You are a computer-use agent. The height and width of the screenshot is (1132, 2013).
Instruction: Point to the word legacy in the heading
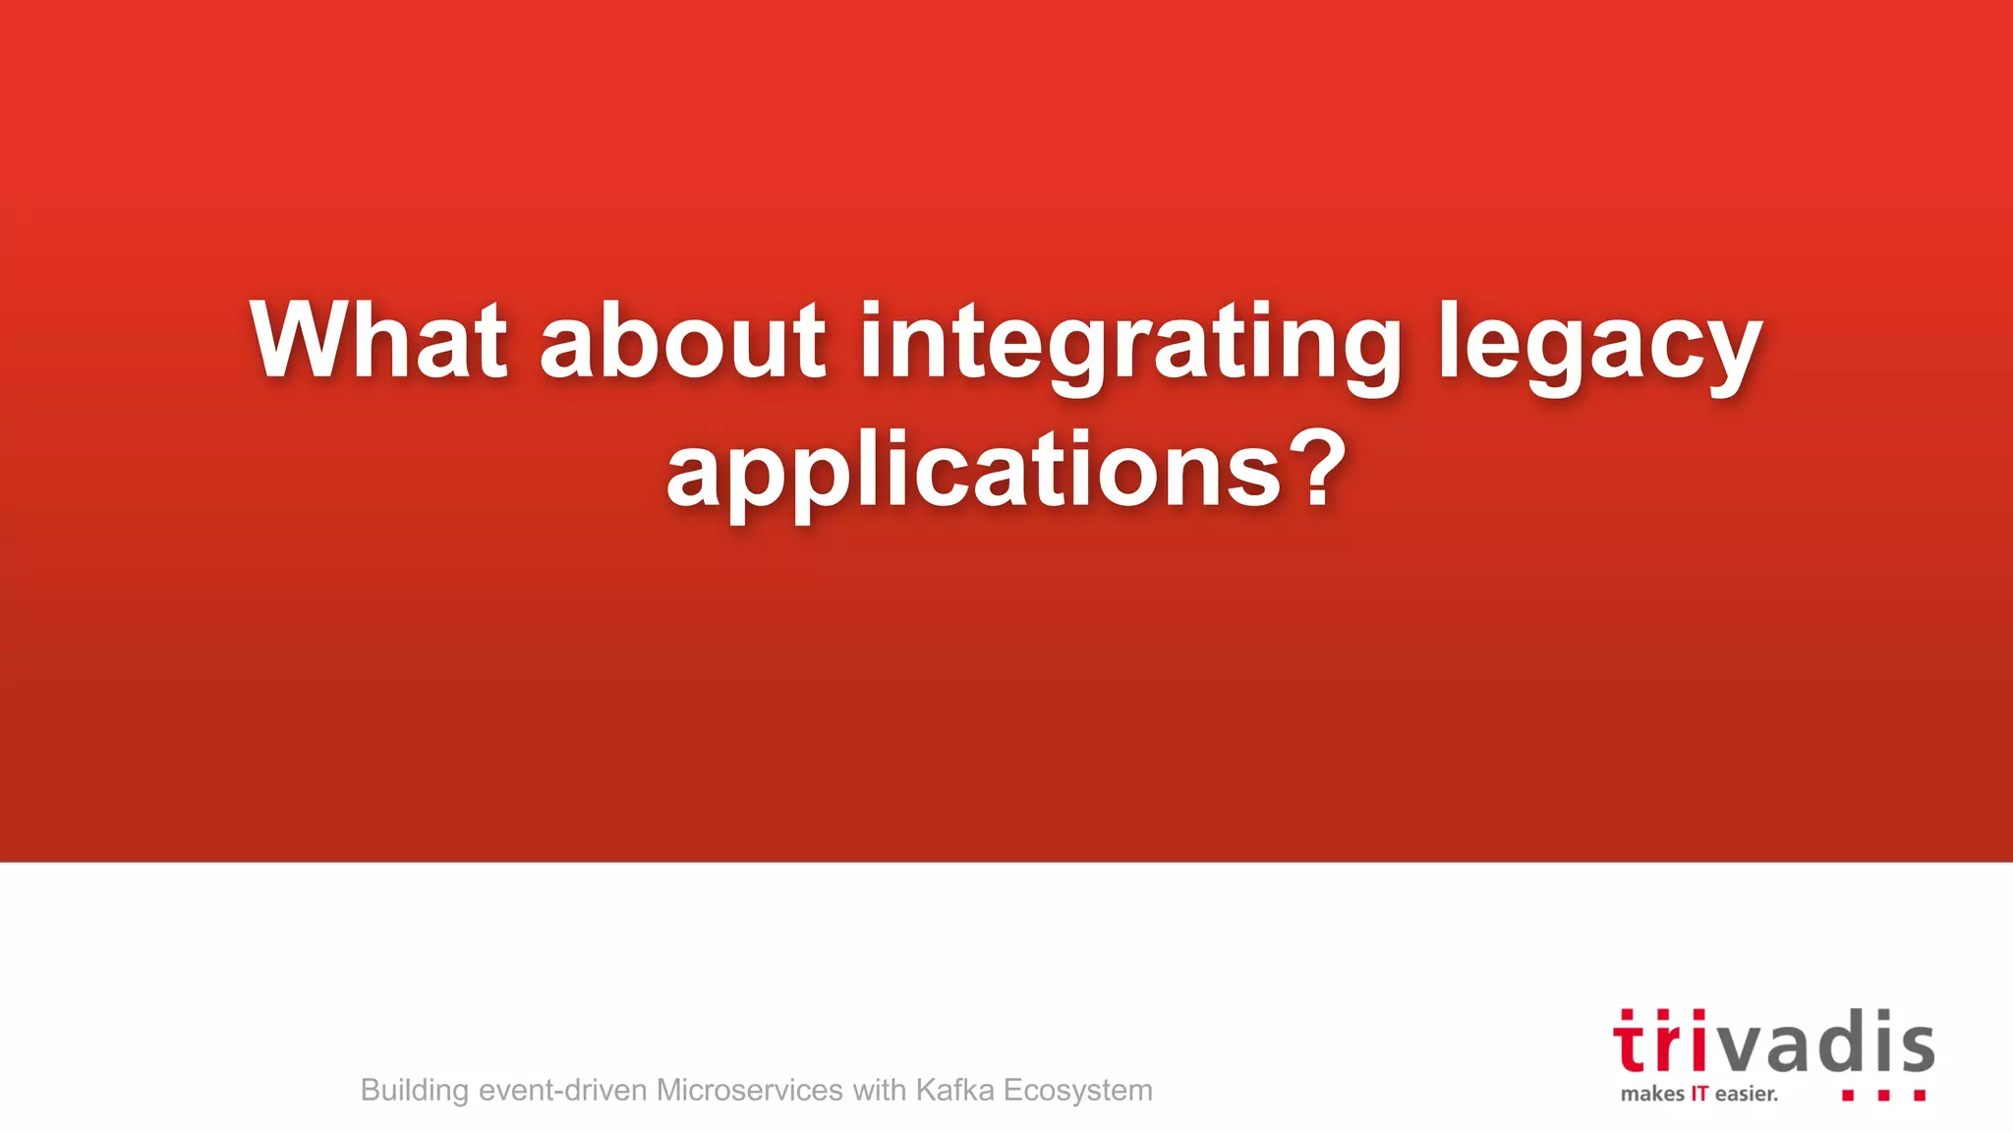pyautogui.click(x=1599, y=344)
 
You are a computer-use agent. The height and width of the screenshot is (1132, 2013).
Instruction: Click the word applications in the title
pyautogui.click(x=973, y=472)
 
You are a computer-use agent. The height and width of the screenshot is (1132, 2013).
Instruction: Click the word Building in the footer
pyautogui.click(x=414, y=1091)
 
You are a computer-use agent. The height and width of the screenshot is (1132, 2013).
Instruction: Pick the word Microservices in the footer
pyautogui.click(x=749, y=1090)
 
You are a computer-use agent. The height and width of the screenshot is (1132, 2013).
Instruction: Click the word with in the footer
pyautogui.click(x=879, y=1090)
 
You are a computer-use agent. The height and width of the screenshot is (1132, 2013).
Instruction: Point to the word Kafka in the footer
pyautogui.click(x=954, y=1090)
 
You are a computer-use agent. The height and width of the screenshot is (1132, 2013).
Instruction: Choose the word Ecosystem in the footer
pyautogui.click(x=1077, y=1091)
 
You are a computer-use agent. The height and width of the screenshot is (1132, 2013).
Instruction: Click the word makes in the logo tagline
pyautogui.click(x=1652, y=1094)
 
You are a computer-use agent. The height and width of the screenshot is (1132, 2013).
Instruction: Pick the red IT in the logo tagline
pyautogui.click(x=1699, y=1094)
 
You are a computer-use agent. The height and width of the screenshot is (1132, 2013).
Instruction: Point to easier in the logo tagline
pyautogui.click(x=1746, y=1094)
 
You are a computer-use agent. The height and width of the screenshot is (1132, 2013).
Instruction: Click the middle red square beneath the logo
pyautogui.click(x=1883, y=1095)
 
